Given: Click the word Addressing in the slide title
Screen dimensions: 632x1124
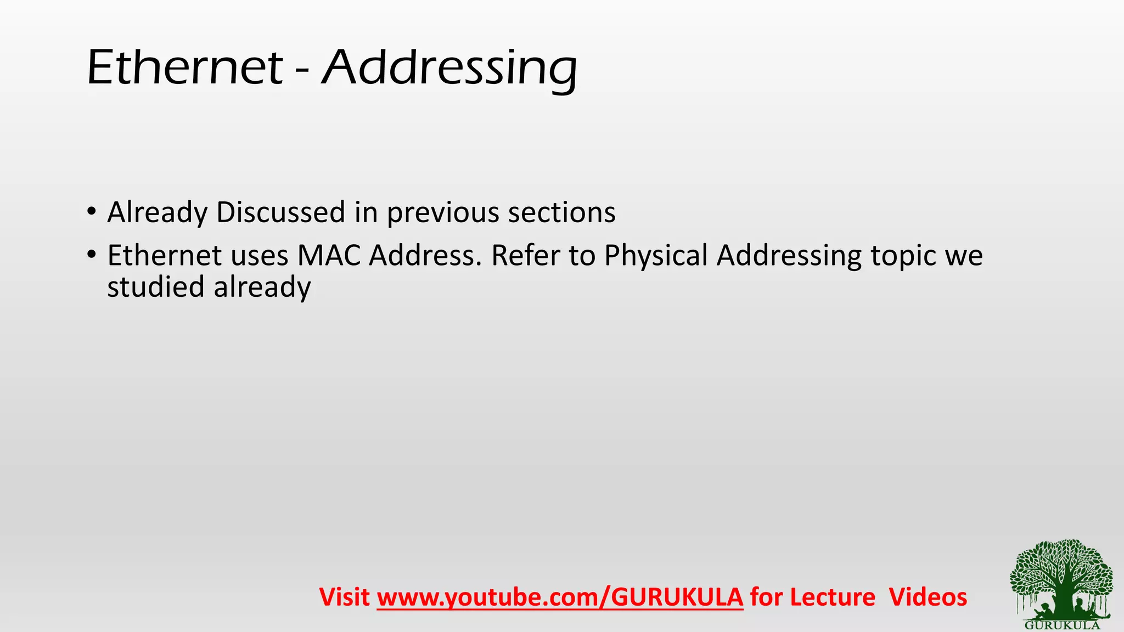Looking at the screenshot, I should (449, 69).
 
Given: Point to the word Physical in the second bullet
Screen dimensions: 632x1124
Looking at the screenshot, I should (656, 256).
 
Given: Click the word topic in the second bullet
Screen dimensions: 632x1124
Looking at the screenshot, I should (902, 256).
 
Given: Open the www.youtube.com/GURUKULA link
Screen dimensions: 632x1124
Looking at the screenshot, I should (560, 597).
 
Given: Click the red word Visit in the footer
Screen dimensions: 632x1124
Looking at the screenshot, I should (344, 597).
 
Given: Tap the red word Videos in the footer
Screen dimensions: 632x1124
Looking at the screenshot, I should (928, 597).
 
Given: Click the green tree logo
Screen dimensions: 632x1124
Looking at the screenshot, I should (1061, 579).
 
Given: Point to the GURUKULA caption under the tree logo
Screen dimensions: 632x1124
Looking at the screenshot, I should (1062, 625).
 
